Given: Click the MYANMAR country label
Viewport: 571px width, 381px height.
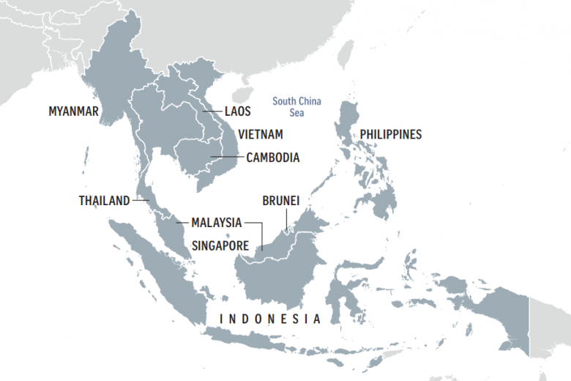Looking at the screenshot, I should pyautogui.click(x=73, y=111).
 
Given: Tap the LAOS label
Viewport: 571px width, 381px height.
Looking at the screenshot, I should pyautogui.click(x=238, y=111).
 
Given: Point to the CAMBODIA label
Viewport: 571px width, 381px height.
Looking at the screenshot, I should pyautogui.click(x=272, y=158).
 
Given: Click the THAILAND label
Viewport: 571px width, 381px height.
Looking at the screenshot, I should pyautogui.click(x=104, y=200).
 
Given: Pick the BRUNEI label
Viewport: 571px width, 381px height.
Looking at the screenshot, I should pyautogui.click(x=281, y=200).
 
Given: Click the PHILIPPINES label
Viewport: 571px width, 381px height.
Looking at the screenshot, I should pyautogui.click(x=390, y=135).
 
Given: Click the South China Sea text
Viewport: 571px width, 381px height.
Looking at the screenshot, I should pyautogui.click(x=296, y=107).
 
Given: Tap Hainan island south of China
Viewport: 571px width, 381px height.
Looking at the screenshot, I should pyautogui.click(x=239, y=95).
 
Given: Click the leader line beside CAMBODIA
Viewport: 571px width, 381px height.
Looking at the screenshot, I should pyautogui.click(x=226, y=158).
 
